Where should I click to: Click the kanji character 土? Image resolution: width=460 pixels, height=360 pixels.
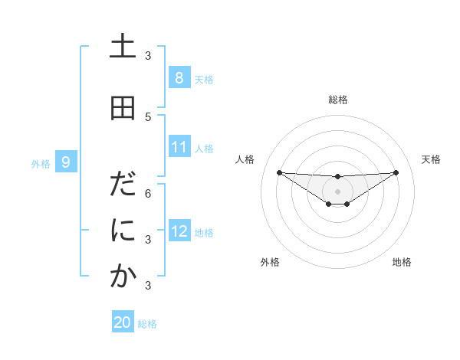pos(123,47)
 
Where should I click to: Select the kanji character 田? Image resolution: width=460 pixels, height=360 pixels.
pos(123,109)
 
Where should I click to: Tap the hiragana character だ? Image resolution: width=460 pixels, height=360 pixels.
pos(123,185)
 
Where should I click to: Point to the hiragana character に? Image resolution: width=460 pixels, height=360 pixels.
pos(123,231)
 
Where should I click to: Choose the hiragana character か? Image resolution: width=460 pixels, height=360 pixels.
pos(123,277)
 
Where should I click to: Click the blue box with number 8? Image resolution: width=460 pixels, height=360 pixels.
pos(179,78)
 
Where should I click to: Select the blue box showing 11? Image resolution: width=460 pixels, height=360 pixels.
pos(179,147)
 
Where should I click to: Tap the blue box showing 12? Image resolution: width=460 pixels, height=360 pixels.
pos(179,231)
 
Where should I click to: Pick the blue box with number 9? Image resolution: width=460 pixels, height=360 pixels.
pos(67,162)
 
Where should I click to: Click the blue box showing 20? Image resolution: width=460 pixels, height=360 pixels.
pos(123,322)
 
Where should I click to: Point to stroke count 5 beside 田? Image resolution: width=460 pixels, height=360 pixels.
pos(148,116)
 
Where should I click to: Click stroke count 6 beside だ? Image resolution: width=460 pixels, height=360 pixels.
pos(148,193)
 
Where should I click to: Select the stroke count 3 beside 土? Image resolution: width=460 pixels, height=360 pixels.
pos(148,56)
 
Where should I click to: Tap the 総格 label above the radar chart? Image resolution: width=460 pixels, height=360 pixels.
pos(337,100)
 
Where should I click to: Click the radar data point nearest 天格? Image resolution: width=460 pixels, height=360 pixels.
pos(396,172)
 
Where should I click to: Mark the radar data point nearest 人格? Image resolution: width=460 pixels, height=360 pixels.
pos(279,172)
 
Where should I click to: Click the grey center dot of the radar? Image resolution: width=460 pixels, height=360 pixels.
pos(337,191)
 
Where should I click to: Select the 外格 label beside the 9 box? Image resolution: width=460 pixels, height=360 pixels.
pos(40,163)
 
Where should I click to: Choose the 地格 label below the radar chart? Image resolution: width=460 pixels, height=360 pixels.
pos(402,262)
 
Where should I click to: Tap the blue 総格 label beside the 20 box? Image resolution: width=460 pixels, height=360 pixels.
pos(147,324)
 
